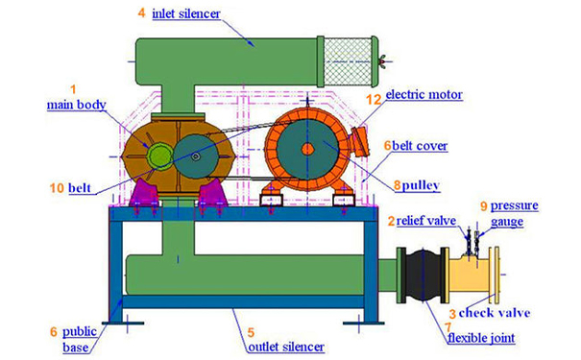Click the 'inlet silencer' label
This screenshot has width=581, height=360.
coord(186,14)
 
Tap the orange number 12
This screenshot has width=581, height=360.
coord(374,99)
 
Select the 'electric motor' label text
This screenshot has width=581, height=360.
coord(424,94)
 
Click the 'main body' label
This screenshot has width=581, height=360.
coord(76,105)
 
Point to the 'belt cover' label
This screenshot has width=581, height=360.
coord(420,146)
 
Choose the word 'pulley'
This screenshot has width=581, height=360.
coord(421,185)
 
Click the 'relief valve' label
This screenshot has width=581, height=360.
coord(426,221)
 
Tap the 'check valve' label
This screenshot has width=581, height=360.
coord(495,313)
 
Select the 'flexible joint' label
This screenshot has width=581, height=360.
coord(481,338)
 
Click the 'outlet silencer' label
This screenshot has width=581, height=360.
coord(286,347)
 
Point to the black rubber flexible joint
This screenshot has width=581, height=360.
coord(424,276)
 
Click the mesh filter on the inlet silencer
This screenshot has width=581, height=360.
coord(348,61)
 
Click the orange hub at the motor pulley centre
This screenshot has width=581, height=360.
coord(307,149)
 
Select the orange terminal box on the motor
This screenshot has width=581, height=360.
coord(360,141)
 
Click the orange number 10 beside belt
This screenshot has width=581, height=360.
coord(57,188)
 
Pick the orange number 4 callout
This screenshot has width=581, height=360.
coord(141,13)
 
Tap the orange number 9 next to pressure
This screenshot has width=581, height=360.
coord(483,206)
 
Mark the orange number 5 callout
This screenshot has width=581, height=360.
coord(251,333)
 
